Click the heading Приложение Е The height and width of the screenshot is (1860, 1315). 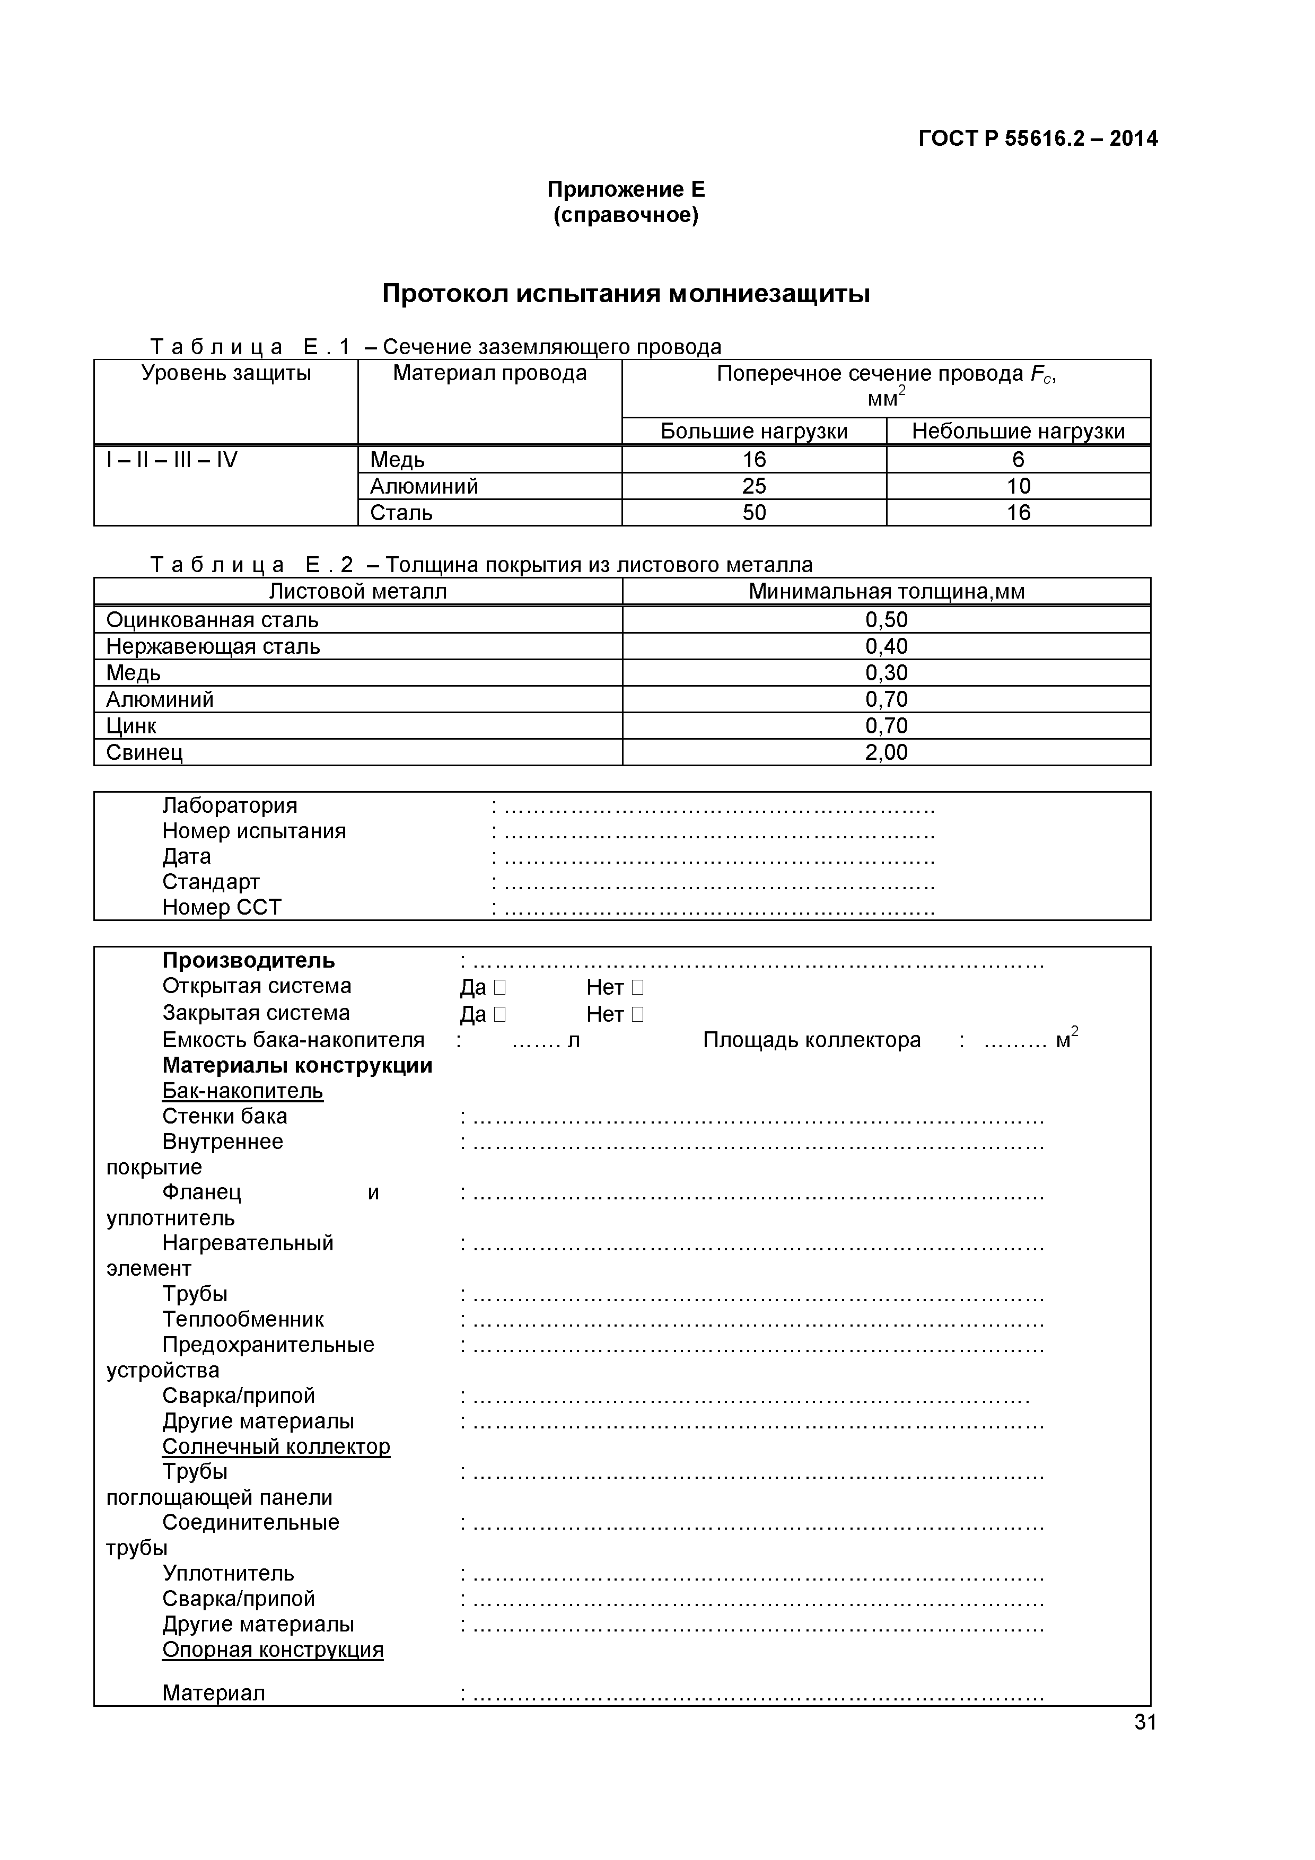click(x=626, y=190)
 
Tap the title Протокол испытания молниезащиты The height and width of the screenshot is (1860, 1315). click(x=626, y=293)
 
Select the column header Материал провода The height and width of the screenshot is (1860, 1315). click(x=489, y=373)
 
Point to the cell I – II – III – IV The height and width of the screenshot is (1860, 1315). click(x=172, y=460)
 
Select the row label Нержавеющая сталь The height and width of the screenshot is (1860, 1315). click(x=213, y=646)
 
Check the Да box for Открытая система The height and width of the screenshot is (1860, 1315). click(x=499, y=987)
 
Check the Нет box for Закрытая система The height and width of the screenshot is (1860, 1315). click(x=637, y=1014)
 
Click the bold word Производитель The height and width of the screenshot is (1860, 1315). click(x=248, y=961)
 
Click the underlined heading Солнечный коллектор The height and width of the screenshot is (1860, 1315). click(x=276, y=1447)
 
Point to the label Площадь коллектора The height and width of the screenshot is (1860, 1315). click(x=811, y=1040)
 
